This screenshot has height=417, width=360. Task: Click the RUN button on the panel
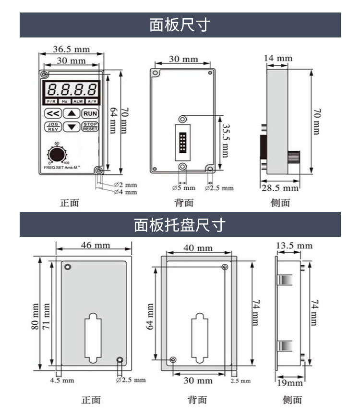coord(90,114)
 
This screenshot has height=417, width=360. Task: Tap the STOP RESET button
coord(90,127)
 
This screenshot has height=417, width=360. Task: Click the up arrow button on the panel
coord(72,114)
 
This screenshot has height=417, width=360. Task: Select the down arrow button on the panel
coord(72,127)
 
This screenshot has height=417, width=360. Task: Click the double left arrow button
coord(52,114)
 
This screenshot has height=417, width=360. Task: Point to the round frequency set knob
coord(57,155)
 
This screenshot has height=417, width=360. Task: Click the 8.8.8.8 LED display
coord(72,89)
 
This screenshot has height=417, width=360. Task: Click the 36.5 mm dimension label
coord(71,49)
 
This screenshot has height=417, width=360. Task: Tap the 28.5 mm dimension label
coord(279,188)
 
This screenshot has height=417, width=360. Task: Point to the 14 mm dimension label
coord(278,59)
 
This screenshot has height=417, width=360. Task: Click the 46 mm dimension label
coord(95,245)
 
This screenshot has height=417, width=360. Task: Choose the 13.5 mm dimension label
coord(294,246)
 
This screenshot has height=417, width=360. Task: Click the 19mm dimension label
coord(291,382)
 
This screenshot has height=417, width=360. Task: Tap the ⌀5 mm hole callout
coord(183,188)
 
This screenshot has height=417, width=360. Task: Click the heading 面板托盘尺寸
coord(180,224)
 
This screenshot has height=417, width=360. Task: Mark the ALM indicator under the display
coord(78,102)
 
